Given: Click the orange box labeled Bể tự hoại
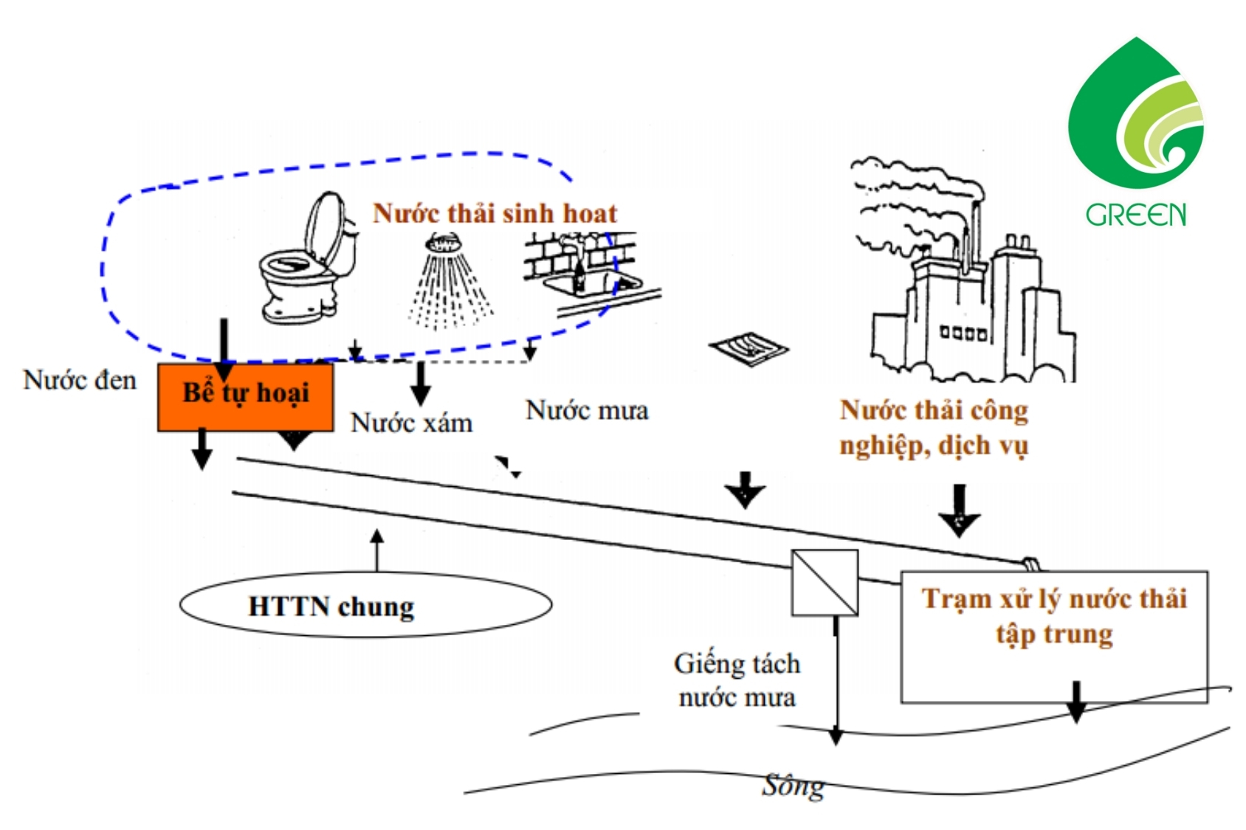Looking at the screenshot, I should pos(245,396).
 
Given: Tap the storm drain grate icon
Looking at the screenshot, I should pos(748,347).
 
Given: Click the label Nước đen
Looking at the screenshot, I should pos(80,380).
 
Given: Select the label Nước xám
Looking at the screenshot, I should pos(411,423).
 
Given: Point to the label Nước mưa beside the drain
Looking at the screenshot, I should pos(587,410).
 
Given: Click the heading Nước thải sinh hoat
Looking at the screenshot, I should pos(495,213).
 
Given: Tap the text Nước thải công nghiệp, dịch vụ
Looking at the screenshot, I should pos(934,428).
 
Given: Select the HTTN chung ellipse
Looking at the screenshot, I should pos(365,605).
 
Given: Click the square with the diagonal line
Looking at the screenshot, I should pos(825,582).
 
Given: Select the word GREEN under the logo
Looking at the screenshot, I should pos(1135,215).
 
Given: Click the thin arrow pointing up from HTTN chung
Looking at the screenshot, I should pos(377,550).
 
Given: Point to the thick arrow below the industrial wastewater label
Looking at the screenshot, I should pos(958,510).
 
